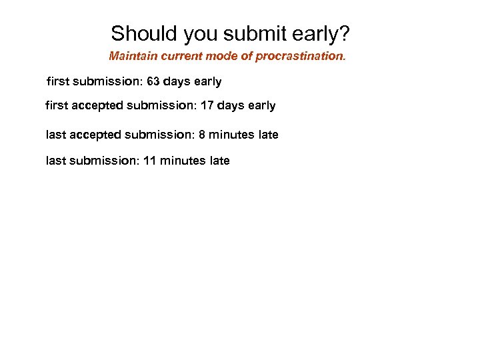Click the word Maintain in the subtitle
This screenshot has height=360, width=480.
[x=132, y=56]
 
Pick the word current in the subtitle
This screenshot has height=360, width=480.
[x=179, y=56]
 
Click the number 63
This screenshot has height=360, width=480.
[x=153, y=82]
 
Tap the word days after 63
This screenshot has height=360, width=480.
[x=177, y=82]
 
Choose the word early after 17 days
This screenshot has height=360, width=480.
[x=261, y=105]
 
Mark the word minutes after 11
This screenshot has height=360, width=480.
[x=182, y=161]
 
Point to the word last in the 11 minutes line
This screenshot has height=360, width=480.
[x=55, y=161]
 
